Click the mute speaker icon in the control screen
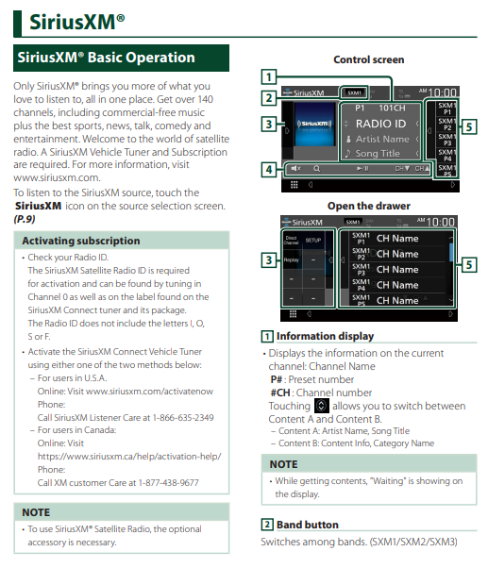[296, 169]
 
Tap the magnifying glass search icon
[316, 169]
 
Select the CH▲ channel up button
[423, 169]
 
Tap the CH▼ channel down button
[402, 169]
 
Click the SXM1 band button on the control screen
[354, 92]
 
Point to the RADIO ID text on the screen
[380, 124]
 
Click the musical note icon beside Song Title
[347, 153]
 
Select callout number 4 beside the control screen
[269, 170]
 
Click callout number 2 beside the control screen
[269, 98]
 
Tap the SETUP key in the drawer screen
[313, 241]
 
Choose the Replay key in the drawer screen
[292, 259]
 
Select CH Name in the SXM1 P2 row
[397, 254]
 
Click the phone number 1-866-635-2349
[183, 418]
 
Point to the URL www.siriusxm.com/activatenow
[150, 392]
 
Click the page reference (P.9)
[25, 219]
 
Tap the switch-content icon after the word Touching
[321, 406]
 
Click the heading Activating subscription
[81, 241]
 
